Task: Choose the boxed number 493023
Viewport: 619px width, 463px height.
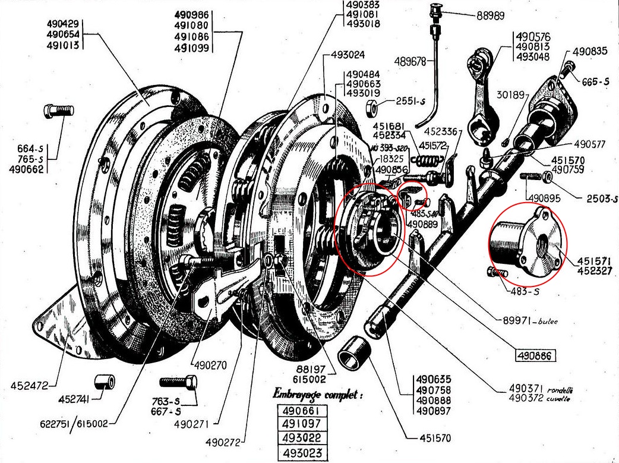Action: (302, 453)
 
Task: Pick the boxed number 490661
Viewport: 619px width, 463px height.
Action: (302, 411)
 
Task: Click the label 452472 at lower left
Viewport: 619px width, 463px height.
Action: (30, 386)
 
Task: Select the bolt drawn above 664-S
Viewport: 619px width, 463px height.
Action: (58, 110)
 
